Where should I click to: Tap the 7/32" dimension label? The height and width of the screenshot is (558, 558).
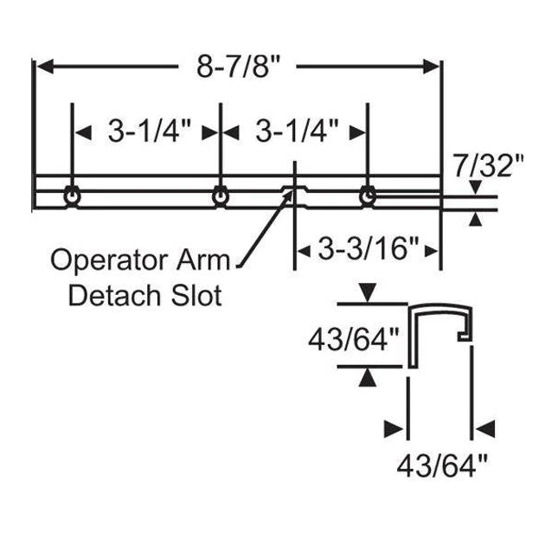pos(489,164)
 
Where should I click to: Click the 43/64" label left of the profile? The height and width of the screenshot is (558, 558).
pos(357,338)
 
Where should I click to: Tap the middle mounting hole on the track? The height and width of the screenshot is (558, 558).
pos(221,196)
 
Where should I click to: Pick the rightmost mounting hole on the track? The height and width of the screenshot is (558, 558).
pos(369,196)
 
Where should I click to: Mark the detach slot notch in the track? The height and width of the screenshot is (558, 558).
pos(294,192)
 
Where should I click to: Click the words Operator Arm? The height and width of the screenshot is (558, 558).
pos(141,259)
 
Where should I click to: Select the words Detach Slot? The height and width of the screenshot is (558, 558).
pos(144,295)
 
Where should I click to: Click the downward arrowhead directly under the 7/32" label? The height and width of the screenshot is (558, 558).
pos(475,189)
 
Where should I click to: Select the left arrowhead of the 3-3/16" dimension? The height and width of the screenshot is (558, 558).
pos(304,251)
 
